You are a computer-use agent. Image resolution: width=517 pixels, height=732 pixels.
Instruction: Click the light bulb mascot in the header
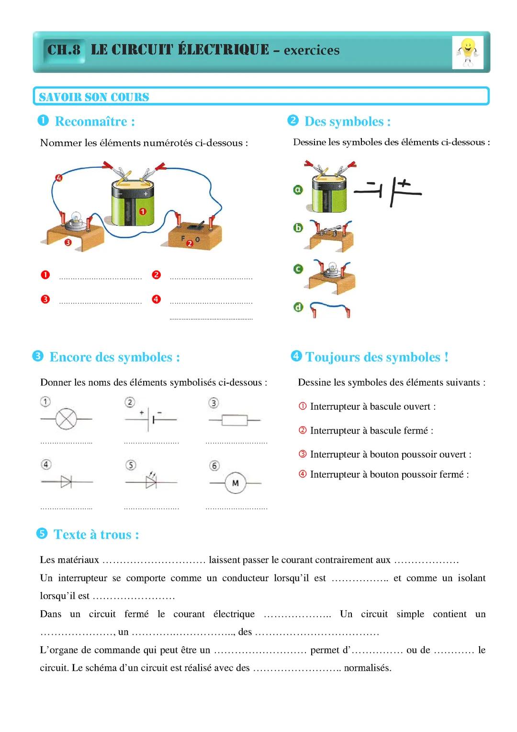tap(467, 53)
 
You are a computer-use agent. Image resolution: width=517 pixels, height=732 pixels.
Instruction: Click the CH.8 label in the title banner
tap(64, 49)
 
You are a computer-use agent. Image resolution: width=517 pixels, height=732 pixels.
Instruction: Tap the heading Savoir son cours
tap(94, 97)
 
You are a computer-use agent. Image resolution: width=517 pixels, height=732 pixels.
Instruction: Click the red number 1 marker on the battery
tap(142, 211)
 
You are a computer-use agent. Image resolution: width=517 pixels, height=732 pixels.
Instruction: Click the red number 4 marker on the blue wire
tap(59, 178)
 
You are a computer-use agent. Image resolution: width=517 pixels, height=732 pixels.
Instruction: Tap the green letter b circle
tap(298, 228)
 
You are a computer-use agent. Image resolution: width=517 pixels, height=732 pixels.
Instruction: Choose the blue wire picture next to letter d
tap(330, 309)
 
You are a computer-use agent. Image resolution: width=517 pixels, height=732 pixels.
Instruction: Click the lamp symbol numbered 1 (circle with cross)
tap(66, 419)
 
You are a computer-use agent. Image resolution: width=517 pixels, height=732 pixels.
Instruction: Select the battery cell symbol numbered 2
tap(150, 419)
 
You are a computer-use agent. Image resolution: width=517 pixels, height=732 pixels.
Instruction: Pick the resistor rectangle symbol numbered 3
tap(235, 421)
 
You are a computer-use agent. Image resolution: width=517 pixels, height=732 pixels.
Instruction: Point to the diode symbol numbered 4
tap(66, 482)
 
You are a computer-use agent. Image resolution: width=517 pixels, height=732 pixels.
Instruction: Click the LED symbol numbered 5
tap(151, 481)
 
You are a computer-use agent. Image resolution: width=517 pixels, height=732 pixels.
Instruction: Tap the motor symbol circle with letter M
tap(235, 483)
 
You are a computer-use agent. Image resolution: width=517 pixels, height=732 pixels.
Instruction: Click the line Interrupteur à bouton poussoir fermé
tap(389, 474)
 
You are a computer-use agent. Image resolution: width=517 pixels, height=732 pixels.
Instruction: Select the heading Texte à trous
tap(96, 535)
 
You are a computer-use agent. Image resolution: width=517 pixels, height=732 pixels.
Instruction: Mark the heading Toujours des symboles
tap(376, 357)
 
